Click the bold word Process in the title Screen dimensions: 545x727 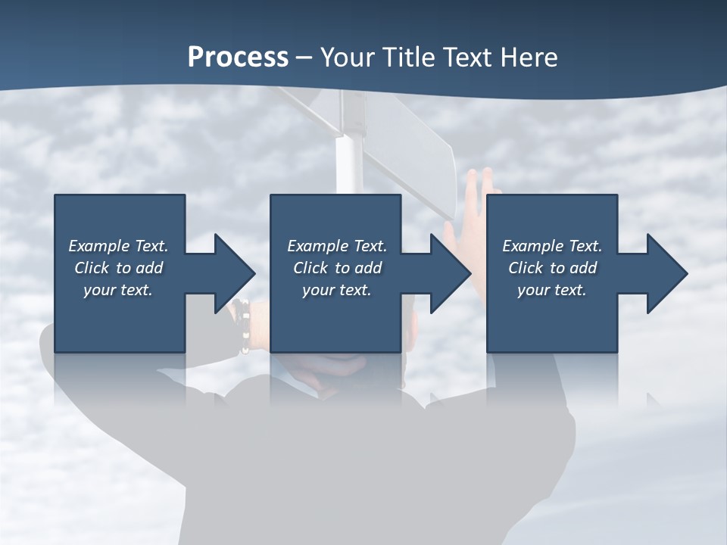(238, 58)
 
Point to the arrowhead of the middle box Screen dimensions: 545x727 (449, 273)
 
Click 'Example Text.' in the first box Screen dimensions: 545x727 (118, 246)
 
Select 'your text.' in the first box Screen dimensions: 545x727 (118, 290)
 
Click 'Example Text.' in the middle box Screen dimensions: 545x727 (337, 246)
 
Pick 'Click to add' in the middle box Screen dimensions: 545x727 (337, 268)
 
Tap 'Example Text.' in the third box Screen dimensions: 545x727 (552, 246)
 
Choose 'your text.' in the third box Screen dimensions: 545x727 (552, 290)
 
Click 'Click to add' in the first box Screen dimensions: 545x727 (118, 268)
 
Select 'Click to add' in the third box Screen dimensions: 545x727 (552, 268)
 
